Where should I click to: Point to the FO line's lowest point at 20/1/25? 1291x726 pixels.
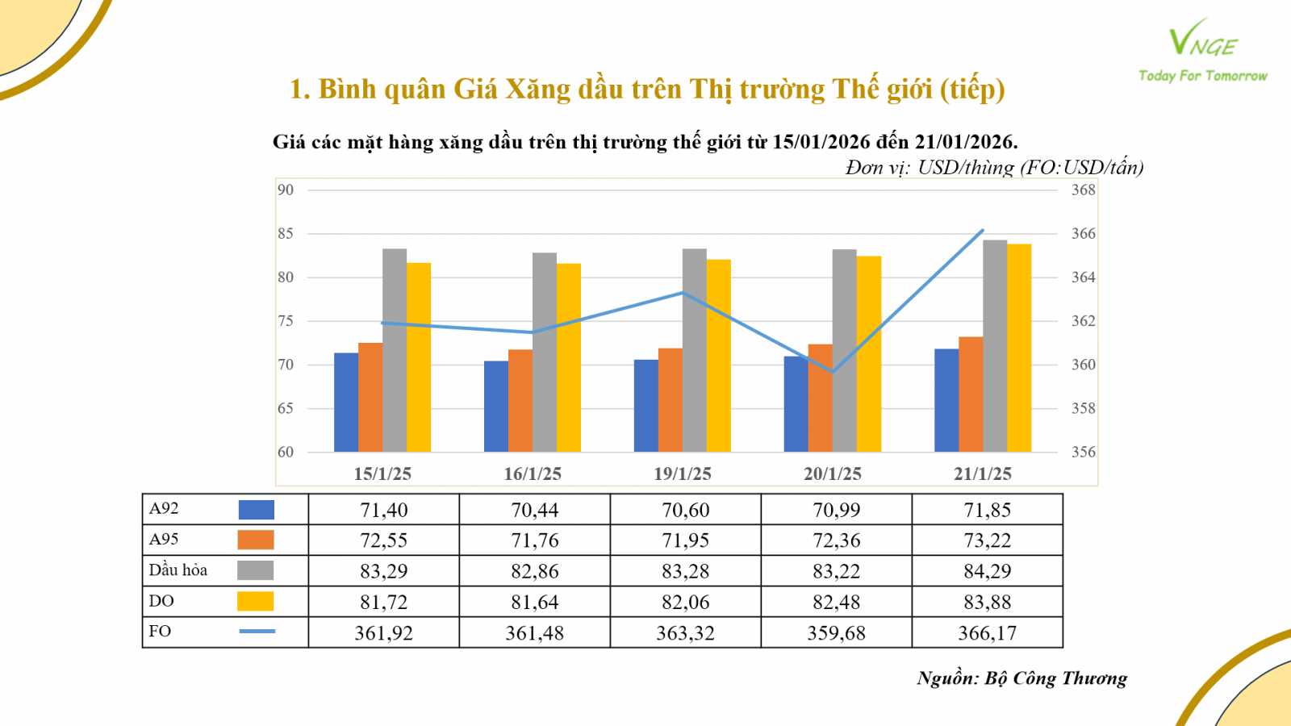(833, 372)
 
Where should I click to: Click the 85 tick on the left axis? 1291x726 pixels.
(286, 234)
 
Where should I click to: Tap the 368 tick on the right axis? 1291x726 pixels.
(1083, 190)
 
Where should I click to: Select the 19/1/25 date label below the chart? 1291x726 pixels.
(683, 474)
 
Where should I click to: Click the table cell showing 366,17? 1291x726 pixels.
(987, 633)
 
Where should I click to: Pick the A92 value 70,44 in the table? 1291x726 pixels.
(534, 510)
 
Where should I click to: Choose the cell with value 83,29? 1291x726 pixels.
(384, 571)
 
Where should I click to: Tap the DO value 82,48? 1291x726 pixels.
(836, 603)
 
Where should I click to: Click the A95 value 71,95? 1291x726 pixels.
(685, 540)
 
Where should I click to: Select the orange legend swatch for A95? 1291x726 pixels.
(256, 540)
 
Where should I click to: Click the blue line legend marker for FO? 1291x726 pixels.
(257, 632)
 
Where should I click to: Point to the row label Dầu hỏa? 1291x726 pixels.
(178, 570)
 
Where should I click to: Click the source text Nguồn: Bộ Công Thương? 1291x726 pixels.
(1022, 678)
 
